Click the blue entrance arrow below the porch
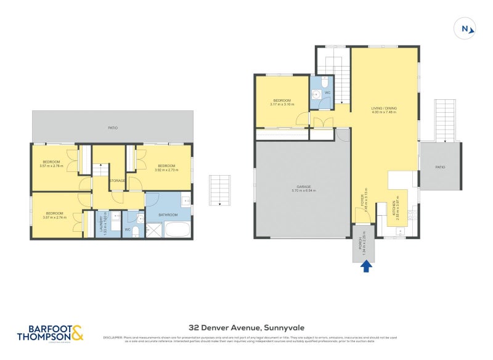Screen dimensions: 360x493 point(366,266)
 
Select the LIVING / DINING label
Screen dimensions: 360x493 point(383,108)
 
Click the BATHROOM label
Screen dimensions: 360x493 point(168,215)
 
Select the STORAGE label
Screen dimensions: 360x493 point(118,181)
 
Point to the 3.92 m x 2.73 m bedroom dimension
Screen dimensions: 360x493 point(168,170)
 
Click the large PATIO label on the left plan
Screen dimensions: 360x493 point(112,128)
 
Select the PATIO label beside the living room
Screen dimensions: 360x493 point(439,167)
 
